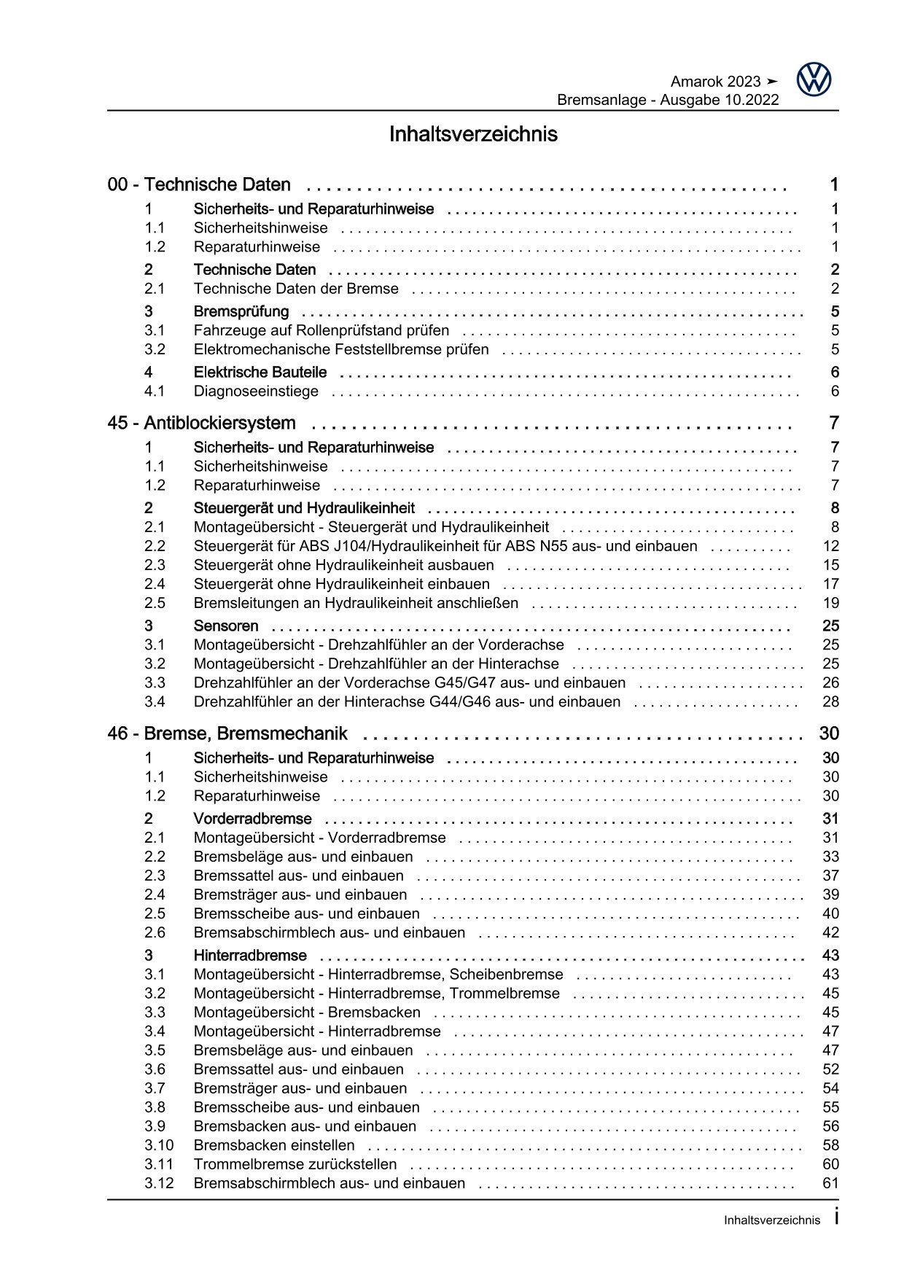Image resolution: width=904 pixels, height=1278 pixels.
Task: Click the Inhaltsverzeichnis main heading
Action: click(473, 135)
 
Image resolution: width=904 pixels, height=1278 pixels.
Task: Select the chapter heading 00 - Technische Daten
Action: click(199, 185)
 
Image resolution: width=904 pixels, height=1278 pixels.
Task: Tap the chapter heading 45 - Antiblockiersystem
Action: click(201, 424)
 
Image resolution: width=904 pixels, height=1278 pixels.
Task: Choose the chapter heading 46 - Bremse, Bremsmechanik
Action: click(227, 734)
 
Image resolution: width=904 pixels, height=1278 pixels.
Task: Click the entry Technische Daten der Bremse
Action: click(296, 289)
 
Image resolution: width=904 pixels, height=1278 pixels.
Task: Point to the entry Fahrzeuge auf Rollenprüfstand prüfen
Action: click(321, 331)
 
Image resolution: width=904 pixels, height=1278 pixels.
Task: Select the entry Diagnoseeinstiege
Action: click(256, 391)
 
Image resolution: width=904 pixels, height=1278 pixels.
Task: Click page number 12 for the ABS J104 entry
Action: click(830, 546)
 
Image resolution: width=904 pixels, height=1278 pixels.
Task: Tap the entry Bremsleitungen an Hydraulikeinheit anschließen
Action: click(356, 603)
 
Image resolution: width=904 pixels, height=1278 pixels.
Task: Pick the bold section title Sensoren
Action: click(226, 626)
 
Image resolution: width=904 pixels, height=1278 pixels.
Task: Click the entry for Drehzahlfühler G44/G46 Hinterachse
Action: click(407, 702)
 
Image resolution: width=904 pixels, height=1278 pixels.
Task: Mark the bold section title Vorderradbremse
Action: click(252, 819)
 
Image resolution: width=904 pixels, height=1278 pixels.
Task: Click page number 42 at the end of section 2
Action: click(830, 932)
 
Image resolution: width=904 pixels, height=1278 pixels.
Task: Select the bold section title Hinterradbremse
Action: click(250, 956)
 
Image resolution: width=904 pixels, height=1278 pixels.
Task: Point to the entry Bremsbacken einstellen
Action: click(274, 1145)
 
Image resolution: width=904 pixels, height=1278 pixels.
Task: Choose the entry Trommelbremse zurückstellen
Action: click(295, 1164)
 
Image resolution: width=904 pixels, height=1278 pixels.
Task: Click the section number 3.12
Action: click(159, 1183)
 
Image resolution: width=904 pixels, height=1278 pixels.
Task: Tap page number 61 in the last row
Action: click(830, 1183)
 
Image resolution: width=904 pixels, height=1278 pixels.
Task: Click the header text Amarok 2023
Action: click(714, 82)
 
